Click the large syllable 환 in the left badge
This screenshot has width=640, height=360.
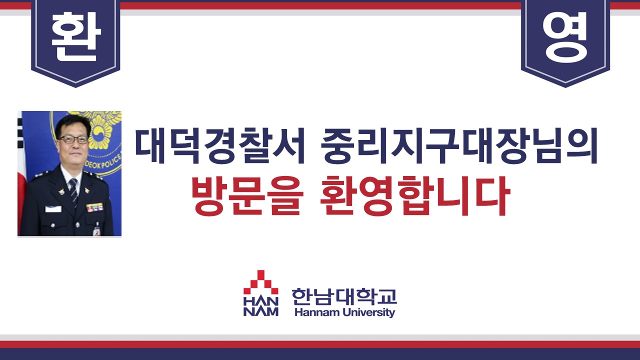pos(76,36)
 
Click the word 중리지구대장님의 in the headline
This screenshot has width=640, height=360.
pos(459,146)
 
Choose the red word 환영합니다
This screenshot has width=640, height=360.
pos(415,196)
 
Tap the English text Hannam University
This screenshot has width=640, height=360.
pos(344,312)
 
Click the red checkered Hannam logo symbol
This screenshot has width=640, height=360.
pos(260,283)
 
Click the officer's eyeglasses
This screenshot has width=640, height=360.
pos(73,139)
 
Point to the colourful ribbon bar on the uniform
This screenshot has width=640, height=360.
pos(94,207)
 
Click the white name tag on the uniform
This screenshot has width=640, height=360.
pos(53,209)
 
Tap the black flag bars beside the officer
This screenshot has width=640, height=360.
pos(19,129)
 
